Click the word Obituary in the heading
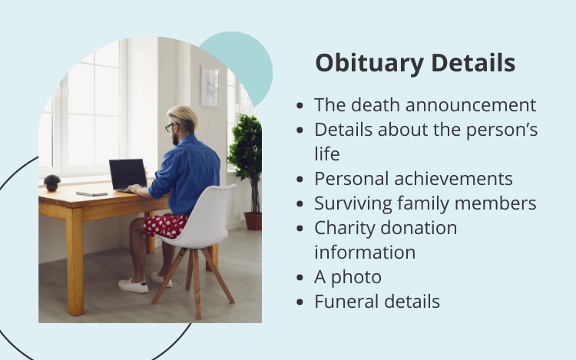pyautogui.click(x=369, y=64)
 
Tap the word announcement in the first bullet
pyautogui.click(x=471, y=105)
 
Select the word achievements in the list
pyautogui.click(x=453, y=179)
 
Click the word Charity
pyautogui.click(x=343, y=228)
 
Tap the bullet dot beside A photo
pyautogui.click(x=300, y=277)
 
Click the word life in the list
pyautogui.click(x=327, y=154)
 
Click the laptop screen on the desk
pyautogui.click(x=128, y=174)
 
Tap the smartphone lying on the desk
pyautogui.click(x=92, y=193)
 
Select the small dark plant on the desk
pyautogui.click(x=51, y=183)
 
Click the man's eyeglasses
pyautogui.click(x=170, y=127)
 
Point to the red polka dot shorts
pyautogui.click(x=165, y=226)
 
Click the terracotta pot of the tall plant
pyautogui.click(x=253, y=221)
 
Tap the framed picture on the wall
pyautogui.click(x=210, y=86)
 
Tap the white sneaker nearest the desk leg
pyautogui.click(x=133, y=286)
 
